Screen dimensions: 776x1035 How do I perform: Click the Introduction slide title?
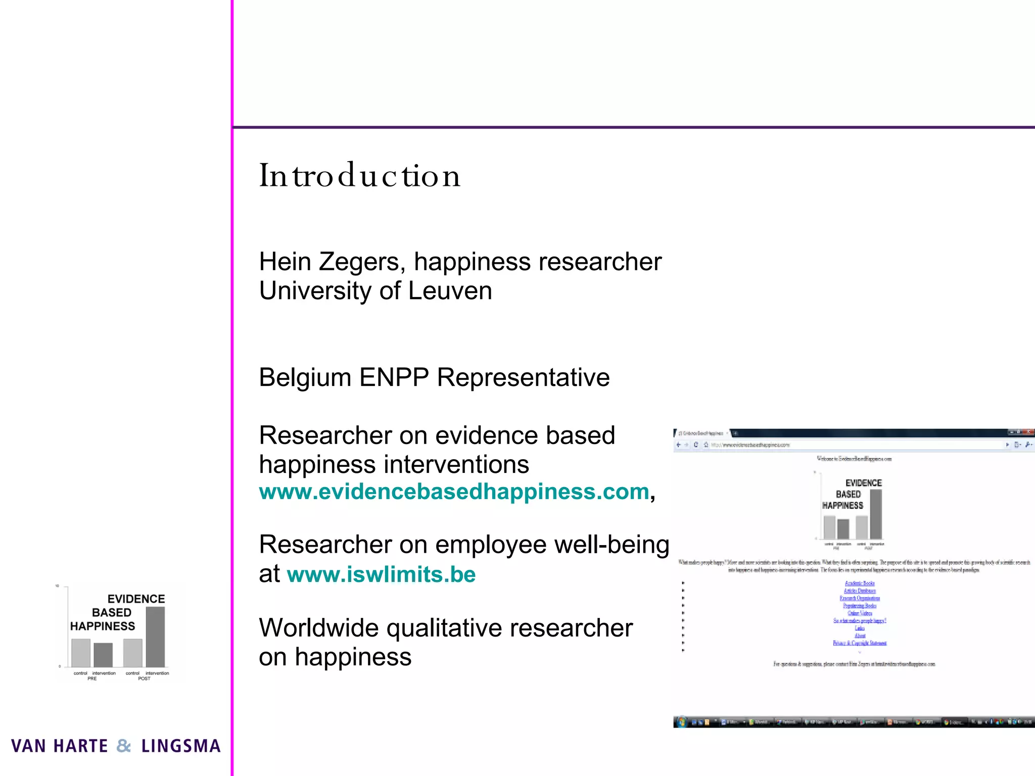(360, 176)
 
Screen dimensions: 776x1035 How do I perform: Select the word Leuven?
(450, 291)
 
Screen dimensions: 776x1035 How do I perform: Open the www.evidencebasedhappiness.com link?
(454, 492)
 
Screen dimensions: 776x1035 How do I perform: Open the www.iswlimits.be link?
(381, 574)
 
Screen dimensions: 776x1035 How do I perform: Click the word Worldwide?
(318, 628)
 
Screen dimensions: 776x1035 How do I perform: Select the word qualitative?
(445, 628)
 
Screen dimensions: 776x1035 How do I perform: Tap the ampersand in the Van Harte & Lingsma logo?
(124, 746)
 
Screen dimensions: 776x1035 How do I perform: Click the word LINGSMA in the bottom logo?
(181, 746)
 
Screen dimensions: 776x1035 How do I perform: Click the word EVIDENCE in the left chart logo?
(136, 599)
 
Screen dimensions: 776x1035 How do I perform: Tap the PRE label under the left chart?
(92, 678)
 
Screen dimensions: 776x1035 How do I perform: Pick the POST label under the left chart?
(144, 678)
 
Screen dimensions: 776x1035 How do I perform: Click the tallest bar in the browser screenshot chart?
(876, 514)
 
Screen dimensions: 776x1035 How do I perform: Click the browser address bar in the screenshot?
(854, 445)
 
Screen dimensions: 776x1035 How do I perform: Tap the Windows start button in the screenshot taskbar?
(681, 722)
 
